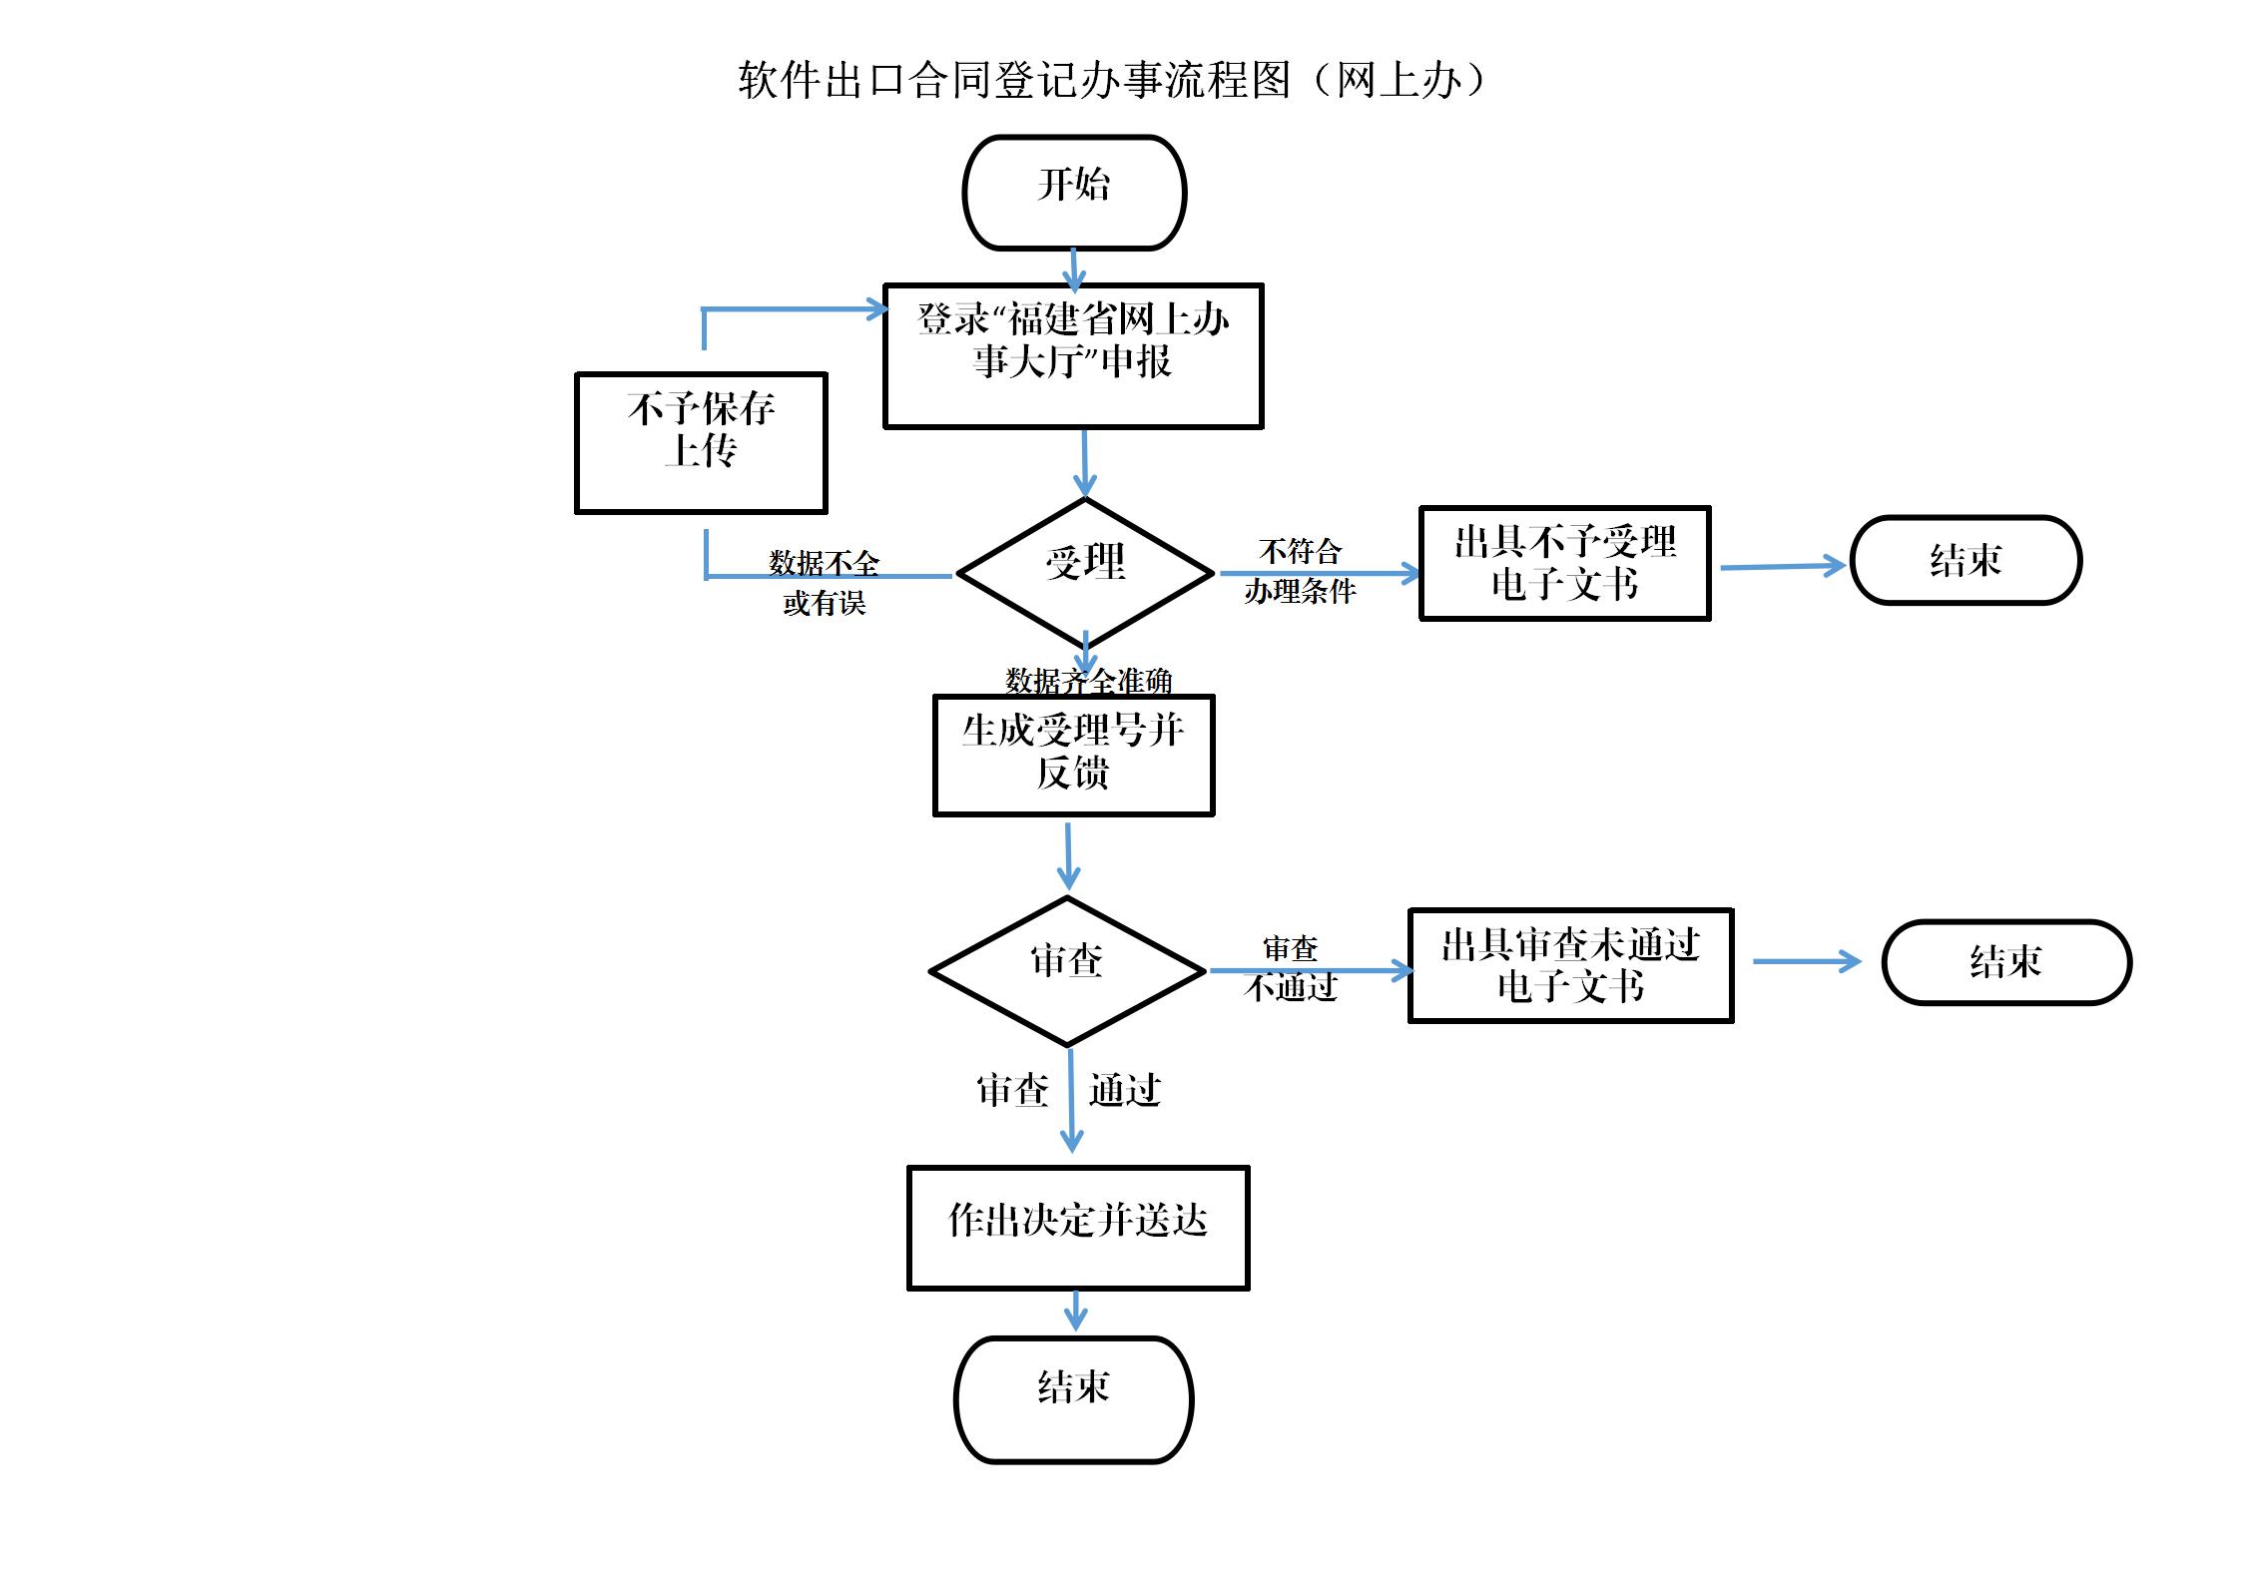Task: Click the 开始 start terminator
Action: (1074, 193)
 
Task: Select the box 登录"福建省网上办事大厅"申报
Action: (1073, 356)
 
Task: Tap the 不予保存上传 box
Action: (701, 443)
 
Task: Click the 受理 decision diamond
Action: (1085, 571)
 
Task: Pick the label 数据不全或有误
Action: (825, 583)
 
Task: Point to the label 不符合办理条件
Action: (1300, 571)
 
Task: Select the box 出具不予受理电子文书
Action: (1564, 563)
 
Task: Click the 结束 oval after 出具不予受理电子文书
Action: (1965, 560)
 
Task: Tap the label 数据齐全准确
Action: (1088, 681)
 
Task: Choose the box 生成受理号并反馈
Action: (1073, 755)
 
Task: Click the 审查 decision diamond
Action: (1067, 970)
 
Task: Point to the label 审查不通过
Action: (1291, 967)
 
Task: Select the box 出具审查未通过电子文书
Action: (1570, 965)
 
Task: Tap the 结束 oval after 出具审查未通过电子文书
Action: (2006, 962)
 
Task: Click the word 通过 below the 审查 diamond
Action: (1125, 1090)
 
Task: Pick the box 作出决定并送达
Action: (1078, 1227)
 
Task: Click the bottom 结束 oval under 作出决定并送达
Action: (1073, 1399)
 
